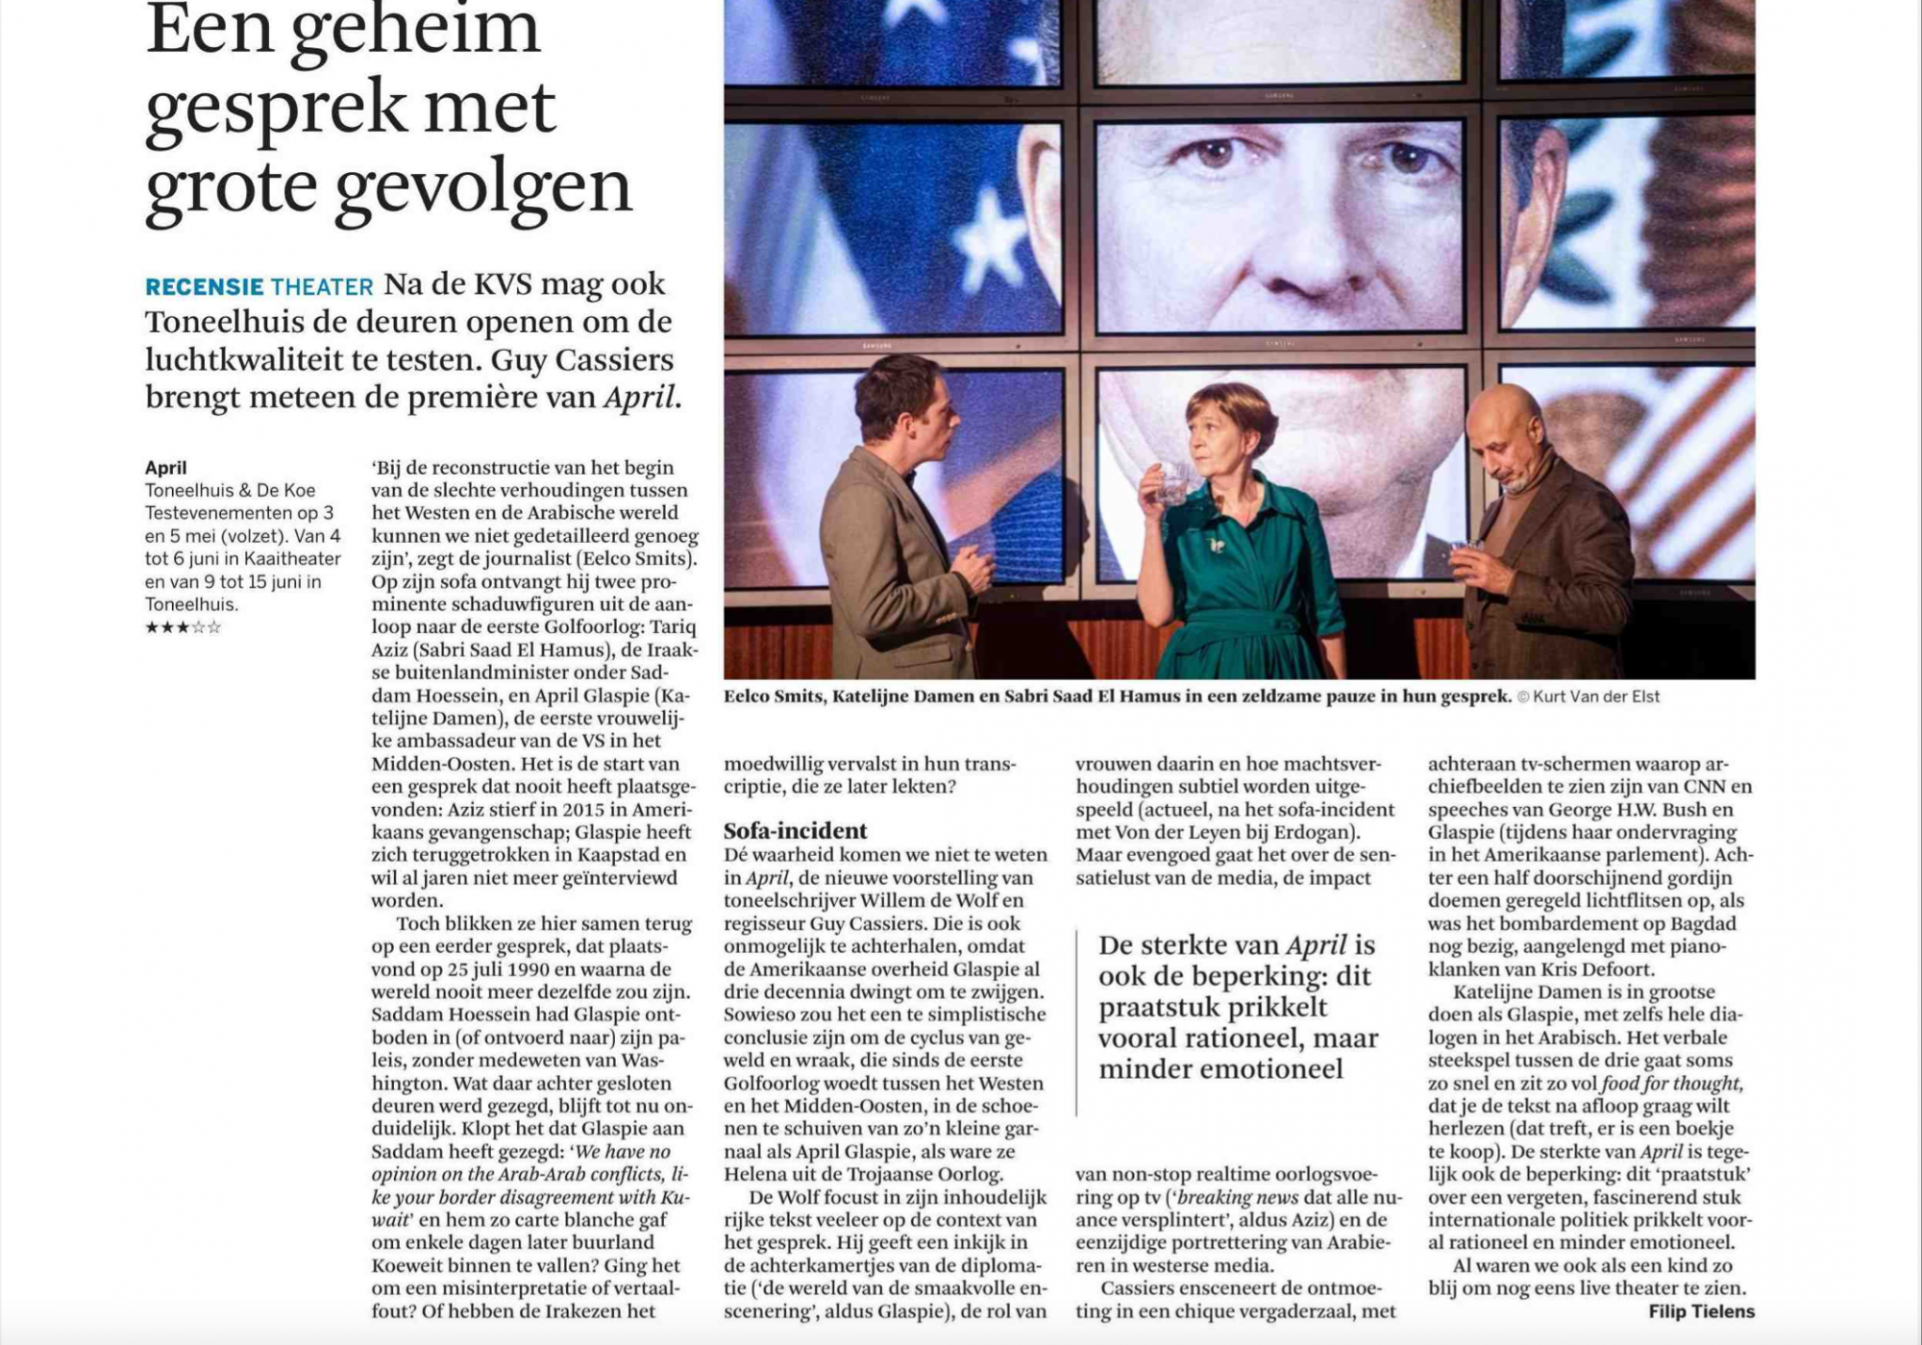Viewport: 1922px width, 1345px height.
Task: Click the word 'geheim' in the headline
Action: pos(415,33)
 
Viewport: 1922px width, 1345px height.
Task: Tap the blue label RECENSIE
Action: pos(204,286)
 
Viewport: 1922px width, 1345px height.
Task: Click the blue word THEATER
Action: pos(321,286)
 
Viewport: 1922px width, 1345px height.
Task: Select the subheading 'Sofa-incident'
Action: pos(795,830)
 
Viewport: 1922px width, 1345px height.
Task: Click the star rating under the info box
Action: pos(183,627)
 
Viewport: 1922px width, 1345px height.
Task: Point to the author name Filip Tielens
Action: pos(1701,1311)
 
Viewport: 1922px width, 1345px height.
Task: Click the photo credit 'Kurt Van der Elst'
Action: pos(1596,697)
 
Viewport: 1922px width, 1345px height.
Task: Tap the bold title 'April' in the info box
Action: pos(165,468)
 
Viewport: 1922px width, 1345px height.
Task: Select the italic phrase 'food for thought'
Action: pos(1671,1083)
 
